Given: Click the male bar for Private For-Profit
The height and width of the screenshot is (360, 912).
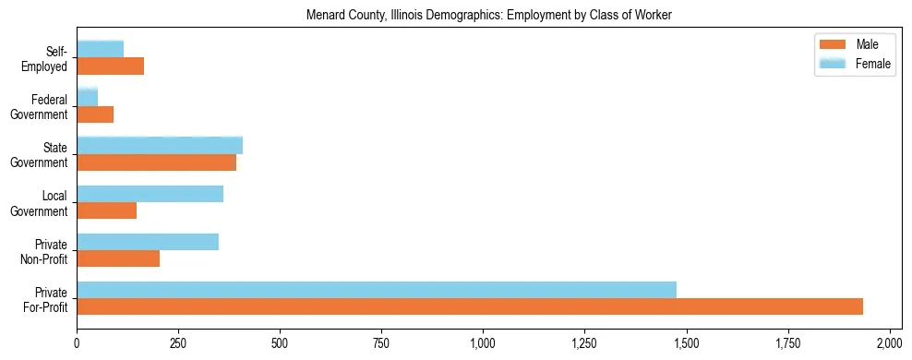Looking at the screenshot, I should tap(470, 306).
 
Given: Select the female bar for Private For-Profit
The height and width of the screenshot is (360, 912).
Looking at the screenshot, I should tap(377, 290).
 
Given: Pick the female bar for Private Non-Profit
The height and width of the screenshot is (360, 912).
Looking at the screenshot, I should tap(148, 242).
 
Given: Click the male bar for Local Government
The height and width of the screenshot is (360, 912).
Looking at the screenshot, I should tap(107, 210).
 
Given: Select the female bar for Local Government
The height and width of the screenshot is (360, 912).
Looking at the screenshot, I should tap(150, 194).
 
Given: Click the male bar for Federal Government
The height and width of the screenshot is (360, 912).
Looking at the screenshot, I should tap(95, 114).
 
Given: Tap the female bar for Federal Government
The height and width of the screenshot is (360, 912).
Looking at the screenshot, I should tap(88, 98).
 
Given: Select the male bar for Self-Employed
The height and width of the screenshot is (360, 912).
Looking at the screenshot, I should tap(111, 66).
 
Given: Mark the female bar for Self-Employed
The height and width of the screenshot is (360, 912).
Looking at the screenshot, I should tap(101, 50).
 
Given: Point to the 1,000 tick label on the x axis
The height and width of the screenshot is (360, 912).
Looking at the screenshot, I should tap(483, 343).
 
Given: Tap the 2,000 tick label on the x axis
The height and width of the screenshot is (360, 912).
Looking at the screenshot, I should tap(889, 343).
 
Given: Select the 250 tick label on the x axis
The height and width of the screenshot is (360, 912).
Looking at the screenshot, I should tap(178, 343).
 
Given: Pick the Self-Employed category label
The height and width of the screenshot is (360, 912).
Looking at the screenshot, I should tap(49, 58).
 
